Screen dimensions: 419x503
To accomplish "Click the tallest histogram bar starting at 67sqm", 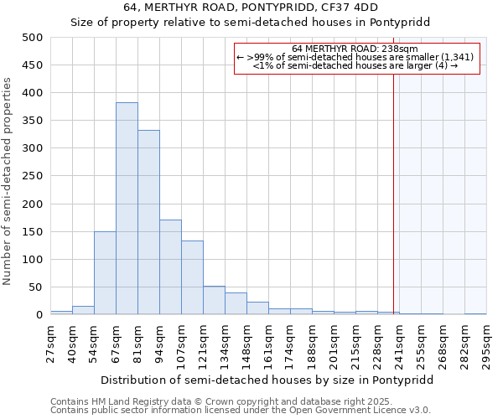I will point(127,209).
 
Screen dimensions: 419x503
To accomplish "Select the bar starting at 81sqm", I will point(148,223).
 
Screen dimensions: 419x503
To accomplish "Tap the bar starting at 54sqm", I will point(105,273).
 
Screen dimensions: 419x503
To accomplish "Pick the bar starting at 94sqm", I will point(170,267).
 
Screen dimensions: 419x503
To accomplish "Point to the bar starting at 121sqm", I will point(214,301).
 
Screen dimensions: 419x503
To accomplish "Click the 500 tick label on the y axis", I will point(33,38).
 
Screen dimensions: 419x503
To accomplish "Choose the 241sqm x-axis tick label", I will point(399,343).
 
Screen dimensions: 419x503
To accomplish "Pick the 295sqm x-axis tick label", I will point(486,343).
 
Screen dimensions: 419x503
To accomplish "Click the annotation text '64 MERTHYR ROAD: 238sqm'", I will point(360,49).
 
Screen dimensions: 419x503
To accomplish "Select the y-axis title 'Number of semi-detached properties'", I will point(8,182).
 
